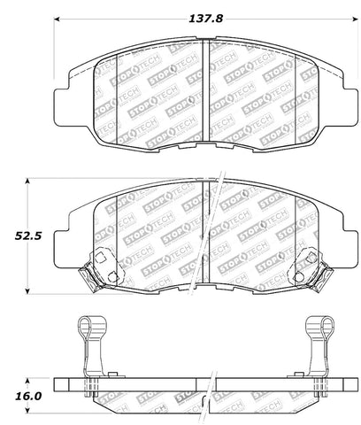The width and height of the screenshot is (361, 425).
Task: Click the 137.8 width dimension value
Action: tap(205, 19)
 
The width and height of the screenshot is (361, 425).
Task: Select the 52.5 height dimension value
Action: tap(28, 236)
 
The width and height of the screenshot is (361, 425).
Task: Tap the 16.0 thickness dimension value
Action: tap(28, 396)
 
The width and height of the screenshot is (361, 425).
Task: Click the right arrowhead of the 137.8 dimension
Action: tap(355, 19)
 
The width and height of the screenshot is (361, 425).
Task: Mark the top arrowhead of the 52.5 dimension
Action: tap(27, 182)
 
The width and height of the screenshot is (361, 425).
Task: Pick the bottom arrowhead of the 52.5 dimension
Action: tap(27, 291)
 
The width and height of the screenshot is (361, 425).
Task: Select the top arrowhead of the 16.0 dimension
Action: tap(27, 382)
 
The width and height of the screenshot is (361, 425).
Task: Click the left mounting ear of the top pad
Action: tap(61, 106)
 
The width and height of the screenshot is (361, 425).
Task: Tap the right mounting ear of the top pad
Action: tap(350, 106)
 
